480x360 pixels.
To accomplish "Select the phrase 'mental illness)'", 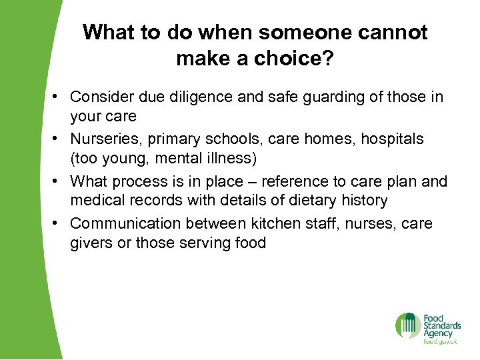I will [x=202, y=159].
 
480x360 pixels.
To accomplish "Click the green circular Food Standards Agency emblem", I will [x=407, y=325].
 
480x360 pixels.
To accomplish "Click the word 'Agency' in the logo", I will [x=438, y=333].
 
